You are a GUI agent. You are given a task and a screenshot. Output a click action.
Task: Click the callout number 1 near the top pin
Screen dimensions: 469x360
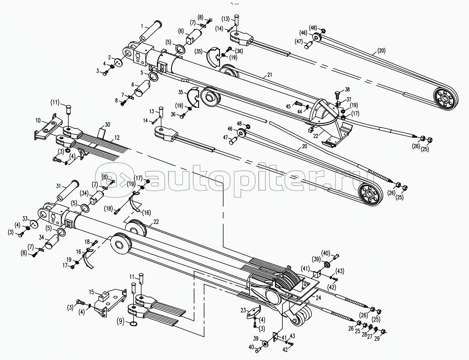[142, 26]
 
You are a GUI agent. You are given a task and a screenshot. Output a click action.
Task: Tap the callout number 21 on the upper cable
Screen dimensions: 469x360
[270, 75]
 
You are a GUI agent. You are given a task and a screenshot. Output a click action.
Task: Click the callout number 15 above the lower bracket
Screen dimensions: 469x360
[91, 292]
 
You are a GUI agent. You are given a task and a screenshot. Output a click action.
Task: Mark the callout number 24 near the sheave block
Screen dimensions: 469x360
[318, 298]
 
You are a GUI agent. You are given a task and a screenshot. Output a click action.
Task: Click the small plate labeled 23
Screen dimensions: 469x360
[254, 312]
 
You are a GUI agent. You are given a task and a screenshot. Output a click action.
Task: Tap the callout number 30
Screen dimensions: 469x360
[107, 124]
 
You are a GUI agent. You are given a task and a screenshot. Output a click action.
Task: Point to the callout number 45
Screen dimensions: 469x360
[288, 107]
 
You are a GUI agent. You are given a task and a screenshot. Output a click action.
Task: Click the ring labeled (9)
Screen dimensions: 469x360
[134, 324]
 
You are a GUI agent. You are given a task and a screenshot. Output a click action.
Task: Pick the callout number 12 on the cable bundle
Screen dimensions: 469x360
[117, 137]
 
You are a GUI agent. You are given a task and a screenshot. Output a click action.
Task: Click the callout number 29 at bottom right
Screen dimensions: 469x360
[377, 339]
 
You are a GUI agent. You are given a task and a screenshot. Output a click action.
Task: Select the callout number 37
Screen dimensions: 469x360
[349, 100]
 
